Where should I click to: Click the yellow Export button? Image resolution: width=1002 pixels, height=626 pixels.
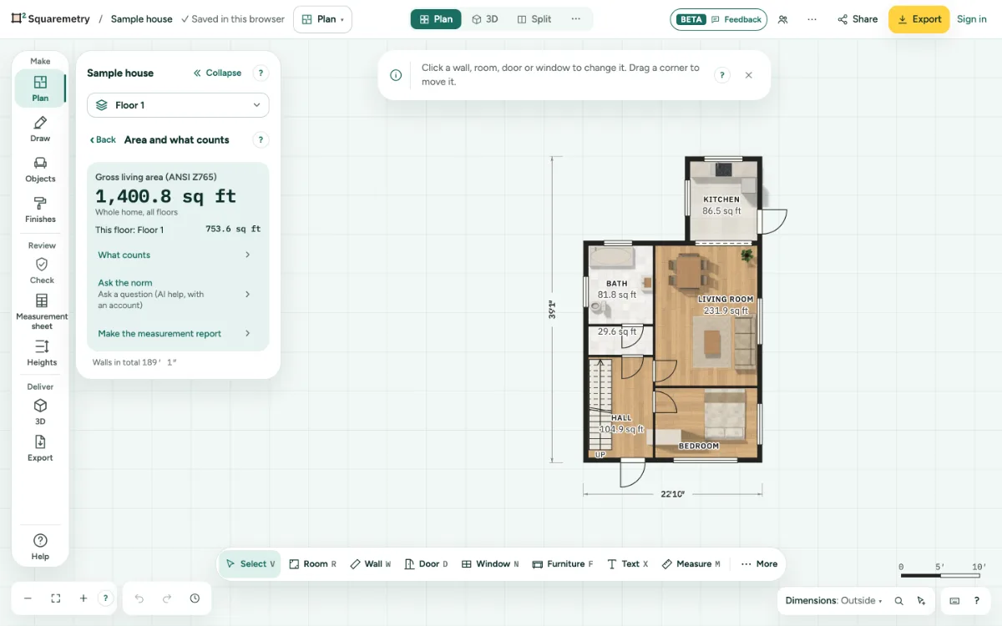click(x=918, y=19)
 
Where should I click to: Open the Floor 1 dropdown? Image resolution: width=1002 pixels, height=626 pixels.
click(x=178, y=105)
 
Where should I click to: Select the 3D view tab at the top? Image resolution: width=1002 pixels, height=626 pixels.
click(x=485, y=19)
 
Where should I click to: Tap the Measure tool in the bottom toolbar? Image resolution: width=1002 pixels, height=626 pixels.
click(x=691, y=564)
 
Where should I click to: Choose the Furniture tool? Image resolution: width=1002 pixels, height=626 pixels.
click(x=563, y=564)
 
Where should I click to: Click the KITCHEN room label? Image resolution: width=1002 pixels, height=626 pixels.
click(x=721, y=199)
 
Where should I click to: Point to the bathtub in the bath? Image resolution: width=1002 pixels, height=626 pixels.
click(x=610, y=259)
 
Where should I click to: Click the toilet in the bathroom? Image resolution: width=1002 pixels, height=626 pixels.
click(x=599, y=308)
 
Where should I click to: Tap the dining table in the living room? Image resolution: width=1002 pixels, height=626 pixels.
click(x=688, y=271)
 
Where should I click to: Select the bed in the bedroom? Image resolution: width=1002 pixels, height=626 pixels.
click(x=725, y=414)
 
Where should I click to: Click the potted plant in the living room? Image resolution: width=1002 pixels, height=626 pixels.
click(x=746, y=255)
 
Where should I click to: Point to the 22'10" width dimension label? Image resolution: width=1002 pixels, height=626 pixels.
click(x=672, y=493)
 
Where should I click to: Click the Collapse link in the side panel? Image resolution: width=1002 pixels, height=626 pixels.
click(x=217, y=73)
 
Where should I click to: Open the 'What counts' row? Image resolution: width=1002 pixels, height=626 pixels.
click(x=174, y=255)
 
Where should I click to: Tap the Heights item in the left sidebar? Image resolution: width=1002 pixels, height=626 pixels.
click(x=42, y=353)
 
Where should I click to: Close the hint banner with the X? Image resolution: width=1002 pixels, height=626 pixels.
click(x=749, y=75)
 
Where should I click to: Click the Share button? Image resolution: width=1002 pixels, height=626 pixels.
click(x=858, y=19)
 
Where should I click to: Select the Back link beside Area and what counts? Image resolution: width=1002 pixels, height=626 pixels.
click(x=103, y=140)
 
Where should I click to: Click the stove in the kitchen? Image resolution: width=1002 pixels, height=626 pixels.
click(x=723, y=169)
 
